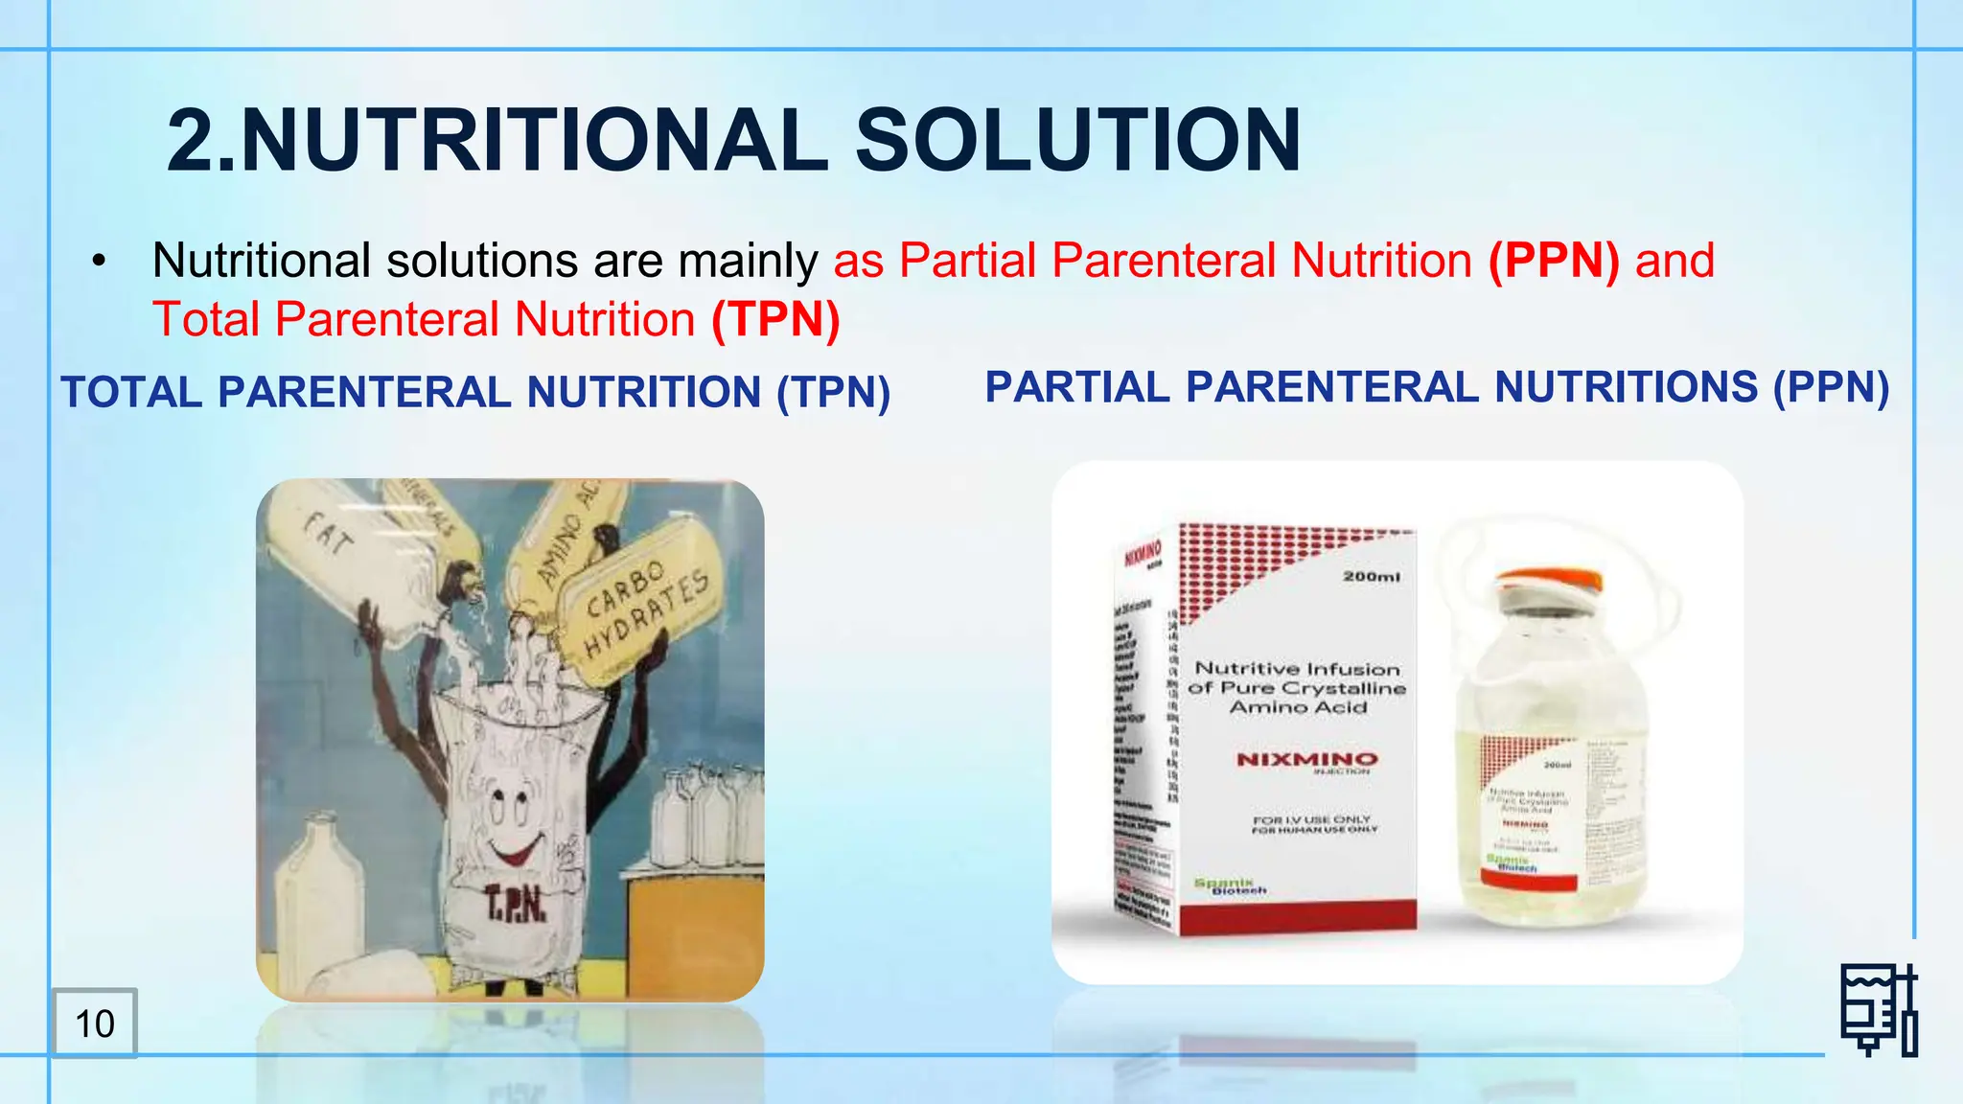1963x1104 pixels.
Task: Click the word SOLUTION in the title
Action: [x=1077, y=141]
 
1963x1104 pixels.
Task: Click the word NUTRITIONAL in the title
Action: [x=533, y=141]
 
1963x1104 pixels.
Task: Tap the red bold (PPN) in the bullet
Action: [x=1554, y=261]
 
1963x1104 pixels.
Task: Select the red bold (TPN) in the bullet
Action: [x=775, y=319]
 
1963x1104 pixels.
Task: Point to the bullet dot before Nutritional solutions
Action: [x=99, y=262]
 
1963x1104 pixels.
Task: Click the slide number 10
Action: [x=95, y=1023]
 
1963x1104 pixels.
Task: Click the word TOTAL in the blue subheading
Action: [x=131, y=392]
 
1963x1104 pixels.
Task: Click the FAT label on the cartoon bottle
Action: [x=329, y=534]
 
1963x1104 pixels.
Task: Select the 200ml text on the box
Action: [x=1371, y=576]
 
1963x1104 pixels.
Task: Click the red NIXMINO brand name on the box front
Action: [x=1306, y=759]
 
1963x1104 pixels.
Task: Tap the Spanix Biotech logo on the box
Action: [x=1230, y=885]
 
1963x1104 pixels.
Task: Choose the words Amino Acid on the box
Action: [x=1298, y=707]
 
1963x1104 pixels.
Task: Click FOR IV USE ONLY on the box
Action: [x=1311, y=819]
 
